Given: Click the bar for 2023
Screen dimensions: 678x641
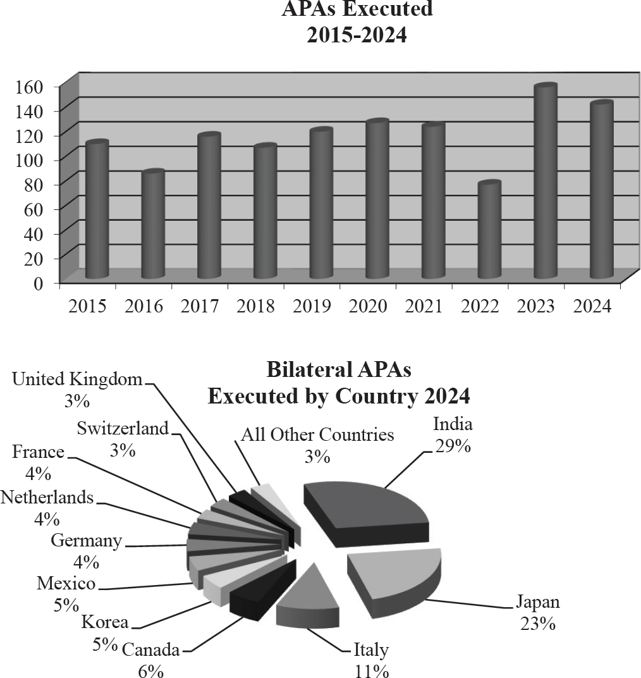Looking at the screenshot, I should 546,183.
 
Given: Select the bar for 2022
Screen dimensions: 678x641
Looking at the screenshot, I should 489,231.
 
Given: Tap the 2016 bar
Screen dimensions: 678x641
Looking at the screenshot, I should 153,225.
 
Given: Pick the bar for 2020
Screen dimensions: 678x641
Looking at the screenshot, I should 377,200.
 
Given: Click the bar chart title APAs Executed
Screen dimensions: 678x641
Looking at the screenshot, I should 357,9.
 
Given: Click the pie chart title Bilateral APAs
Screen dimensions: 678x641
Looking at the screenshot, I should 339,369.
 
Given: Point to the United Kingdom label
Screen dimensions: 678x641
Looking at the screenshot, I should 78,379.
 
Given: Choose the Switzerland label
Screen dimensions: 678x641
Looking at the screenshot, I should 123,428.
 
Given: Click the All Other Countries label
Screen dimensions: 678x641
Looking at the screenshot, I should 317,435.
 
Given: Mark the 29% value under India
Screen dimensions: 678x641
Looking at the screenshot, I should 453,446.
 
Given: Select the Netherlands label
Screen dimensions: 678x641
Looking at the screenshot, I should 47,498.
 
